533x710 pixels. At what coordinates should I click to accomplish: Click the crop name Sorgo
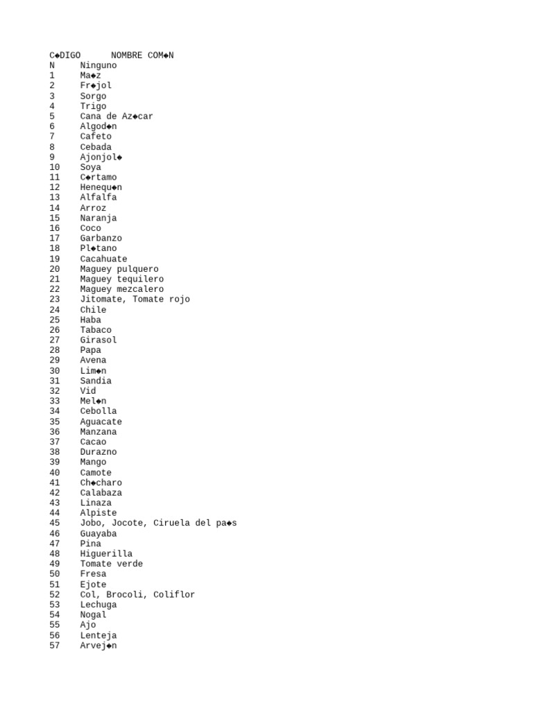click(93, 96)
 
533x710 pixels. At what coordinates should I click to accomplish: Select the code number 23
click(55, 300)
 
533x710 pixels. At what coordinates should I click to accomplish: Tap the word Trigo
click(93, 106)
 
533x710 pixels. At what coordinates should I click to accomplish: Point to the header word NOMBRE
click(127, 55)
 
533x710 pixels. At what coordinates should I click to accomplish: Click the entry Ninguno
click(99, 66)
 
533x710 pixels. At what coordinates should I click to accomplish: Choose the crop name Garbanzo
click(101, 239)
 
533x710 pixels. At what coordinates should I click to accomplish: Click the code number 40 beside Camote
click(55, 473)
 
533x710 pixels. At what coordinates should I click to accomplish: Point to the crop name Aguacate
click(101, 422)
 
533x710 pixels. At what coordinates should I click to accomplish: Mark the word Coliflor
click(174, 595)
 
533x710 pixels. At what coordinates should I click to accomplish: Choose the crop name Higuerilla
click(106, 554)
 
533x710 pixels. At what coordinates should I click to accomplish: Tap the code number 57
click(55, 646)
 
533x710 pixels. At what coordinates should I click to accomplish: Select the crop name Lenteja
click(99, 636)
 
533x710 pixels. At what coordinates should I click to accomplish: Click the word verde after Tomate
click(130, 564)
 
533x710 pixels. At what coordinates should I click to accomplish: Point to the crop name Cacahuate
click(103, 259)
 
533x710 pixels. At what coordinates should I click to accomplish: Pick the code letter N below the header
click(52, 66)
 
